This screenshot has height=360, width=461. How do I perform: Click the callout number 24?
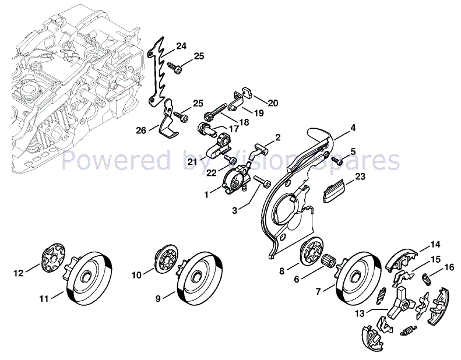181,46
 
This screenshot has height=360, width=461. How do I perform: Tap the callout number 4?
353,128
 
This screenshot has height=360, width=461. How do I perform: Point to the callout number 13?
361,313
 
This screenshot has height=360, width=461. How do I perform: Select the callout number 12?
18,272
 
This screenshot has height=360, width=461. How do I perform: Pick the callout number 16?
449,267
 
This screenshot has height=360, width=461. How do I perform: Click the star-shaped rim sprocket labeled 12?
52,259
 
